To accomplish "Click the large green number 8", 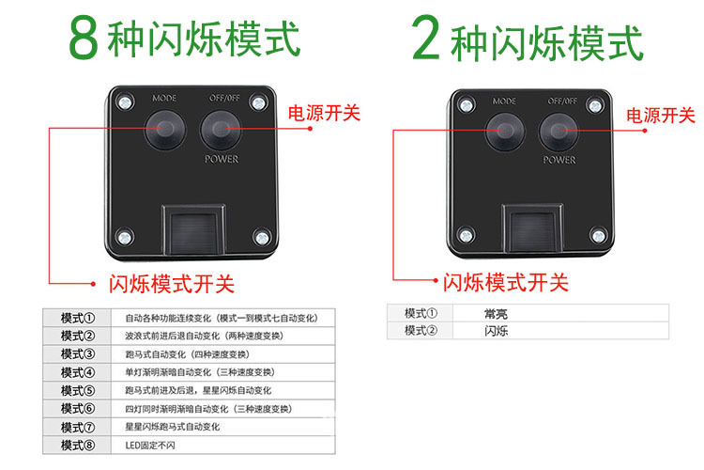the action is point(84,38).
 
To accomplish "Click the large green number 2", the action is point(425,38).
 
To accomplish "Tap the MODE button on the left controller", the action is point(165,129).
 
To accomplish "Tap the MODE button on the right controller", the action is point(505,132).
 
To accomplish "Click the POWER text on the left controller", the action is point(222,159).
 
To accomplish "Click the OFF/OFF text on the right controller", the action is point(562,101).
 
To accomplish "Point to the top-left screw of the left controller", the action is point(125,102).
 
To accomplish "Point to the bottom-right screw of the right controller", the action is point(598,236).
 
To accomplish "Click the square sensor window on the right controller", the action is point(532,229).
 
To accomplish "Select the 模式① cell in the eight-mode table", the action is point(77,318).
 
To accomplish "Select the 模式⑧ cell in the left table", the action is point(77,446).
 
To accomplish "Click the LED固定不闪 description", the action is point(150,446).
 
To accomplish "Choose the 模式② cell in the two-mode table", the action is point(421,331).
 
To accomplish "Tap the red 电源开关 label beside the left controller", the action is point(324,113).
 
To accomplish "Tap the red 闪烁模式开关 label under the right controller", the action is point(506,282).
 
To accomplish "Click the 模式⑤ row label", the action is point(77,390).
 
